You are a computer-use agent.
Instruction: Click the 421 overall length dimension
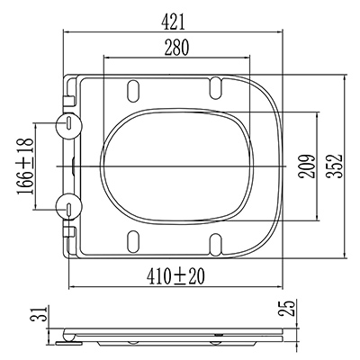coord(173,22)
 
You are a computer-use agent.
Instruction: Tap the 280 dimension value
coord(176,48)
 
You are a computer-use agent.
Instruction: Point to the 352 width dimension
coord(335,166)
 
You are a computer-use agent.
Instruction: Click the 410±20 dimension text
coord(175,277)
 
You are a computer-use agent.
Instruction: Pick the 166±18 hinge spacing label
coord(25,166)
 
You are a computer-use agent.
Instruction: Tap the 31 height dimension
coord(40,314)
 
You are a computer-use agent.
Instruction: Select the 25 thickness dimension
coord(286,308)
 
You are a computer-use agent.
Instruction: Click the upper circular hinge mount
coord(69,126)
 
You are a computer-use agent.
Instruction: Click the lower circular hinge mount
coord(69,207)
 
